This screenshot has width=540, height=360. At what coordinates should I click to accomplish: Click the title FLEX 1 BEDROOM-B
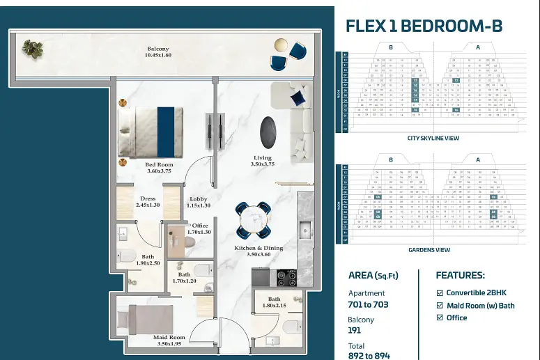point(424,26)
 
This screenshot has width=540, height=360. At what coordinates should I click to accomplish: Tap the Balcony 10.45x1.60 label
point(157,52)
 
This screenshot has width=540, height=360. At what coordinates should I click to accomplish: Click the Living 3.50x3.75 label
point(262,162)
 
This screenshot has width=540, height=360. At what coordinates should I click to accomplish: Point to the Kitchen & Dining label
point(259,251)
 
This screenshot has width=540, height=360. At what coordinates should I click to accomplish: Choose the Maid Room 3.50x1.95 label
point(169,341)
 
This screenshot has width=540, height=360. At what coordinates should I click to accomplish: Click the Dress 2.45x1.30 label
point(148,202)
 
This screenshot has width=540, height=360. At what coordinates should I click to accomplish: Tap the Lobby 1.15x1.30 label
point(198,203)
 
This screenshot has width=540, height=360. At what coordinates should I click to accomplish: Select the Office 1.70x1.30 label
point(201,228)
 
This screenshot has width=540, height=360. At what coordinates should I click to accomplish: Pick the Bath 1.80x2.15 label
point(274,302)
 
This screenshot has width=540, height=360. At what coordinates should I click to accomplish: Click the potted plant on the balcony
point(31,48)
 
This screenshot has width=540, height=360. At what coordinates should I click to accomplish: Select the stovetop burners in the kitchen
point(287,276)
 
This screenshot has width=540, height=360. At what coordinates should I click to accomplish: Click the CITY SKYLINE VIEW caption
point(433,138)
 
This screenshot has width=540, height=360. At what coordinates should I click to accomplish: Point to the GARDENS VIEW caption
point(429,249)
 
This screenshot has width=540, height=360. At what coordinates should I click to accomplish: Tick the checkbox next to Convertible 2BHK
point(439,293)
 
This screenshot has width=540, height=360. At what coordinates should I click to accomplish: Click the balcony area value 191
point(355,331)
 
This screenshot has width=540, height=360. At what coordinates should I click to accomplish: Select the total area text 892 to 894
point(369,355)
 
